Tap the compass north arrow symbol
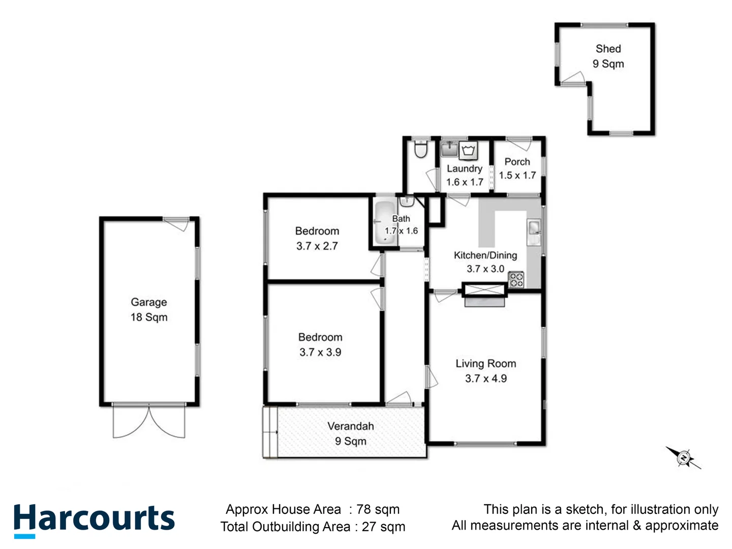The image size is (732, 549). tap(684, 457)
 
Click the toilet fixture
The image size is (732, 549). tap(420, 149)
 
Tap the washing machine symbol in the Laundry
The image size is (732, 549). tap(468, 150)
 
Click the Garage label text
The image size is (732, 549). tap(148, 302)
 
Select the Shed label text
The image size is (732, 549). tap(608, 49)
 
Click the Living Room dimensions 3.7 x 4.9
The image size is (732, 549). tap(485, 378)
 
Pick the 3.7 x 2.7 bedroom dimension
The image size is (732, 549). tap(317, 246)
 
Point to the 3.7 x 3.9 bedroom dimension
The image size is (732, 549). tap(320, 352)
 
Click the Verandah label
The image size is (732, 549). tap(350, 426)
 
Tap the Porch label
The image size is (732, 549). tap(517, 162)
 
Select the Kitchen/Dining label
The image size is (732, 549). tap(485, 255)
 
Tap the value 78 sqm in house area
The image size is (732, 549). tap(378, 509)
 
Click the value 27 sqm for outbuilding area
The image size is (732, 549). tap(383, 527)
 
